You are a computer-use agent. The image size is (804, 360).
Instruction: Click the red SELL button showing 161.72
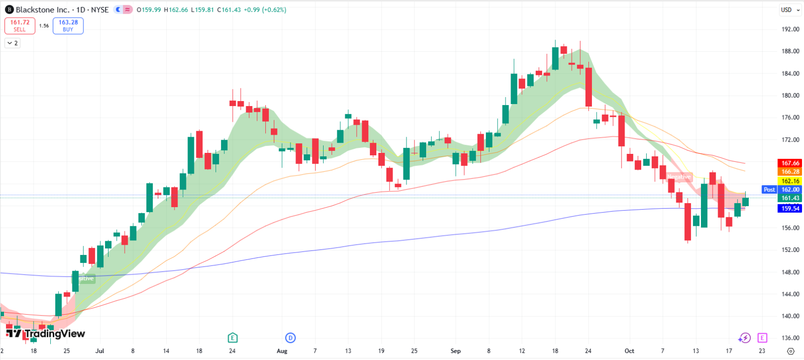[x=20, y=26]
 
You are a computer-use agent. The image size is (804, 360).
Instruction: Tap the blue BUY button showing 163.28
[x=68, y=26]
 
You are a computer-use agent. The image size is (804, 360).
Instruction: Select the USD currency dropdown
[x=790, y=10]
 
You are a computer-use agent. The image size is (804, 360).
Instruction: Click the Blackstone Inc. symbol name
[x=42, y=10]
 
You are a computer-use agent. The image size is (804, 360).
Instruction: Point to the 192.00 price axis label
[x=790, y=29]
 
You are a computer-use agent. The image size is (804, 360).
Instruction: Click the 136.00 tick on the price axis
[x=790, y=338]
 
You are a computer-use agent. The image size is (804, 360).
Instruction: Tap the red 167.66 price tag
[x=790, y=163]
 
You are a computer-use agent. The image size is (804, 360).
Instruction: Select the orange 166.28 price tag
[x=790, y=172]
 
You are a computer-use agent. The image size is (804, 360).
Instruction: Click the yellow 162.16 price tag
[x=790, y=181]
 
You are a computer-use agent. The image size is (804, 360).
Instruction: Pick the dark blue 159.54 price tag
[x=790, y=208]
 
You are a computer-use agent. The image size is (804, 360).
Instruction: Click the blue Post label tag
[x=769, y=190]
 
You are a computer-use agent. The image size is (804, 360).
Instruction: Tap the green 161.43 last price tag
[x=790, y=198]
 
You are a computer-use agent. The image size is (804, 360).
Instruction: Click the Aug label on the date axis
[x=282, y=351]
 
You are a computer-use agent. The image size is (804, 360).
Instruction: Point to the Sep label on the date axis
[x=455, y=351]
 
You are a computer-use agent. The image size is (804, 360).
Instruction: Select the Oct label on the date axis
[x=629, y=351]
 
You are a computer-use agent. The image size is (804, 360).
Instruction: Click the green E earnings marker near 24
[x=232, y=337]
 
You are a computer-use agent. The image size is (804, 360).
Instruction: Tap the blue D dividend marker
[x=290, y=337]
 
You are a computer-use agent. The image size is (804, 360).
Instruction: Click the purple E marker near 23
[x=762, y=338]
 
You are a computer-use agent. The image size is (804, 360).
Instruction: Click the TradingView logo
[x=45, y=333]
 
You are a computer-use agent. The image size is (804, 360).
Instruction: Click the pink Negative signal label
[x=679, y=177]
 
